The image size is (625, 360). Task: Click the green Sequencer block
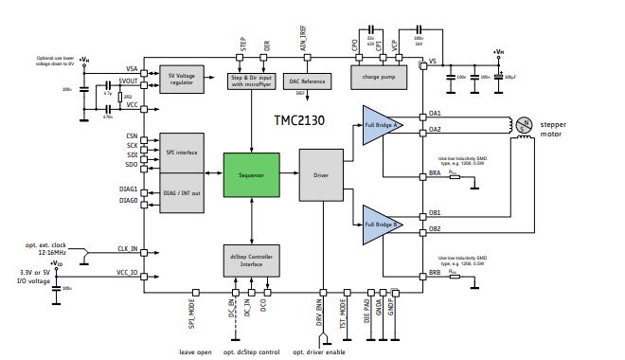pyautogui.click(x=251, y=175)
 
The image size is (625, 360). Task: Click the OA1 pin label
pyautogui.click(x=435, y=114)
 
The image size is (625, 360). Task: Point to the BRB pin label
pyautogui.click(x=435, y=272)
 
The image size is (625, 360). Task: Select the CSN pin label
pyautogui.click(x=131, y=135)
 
